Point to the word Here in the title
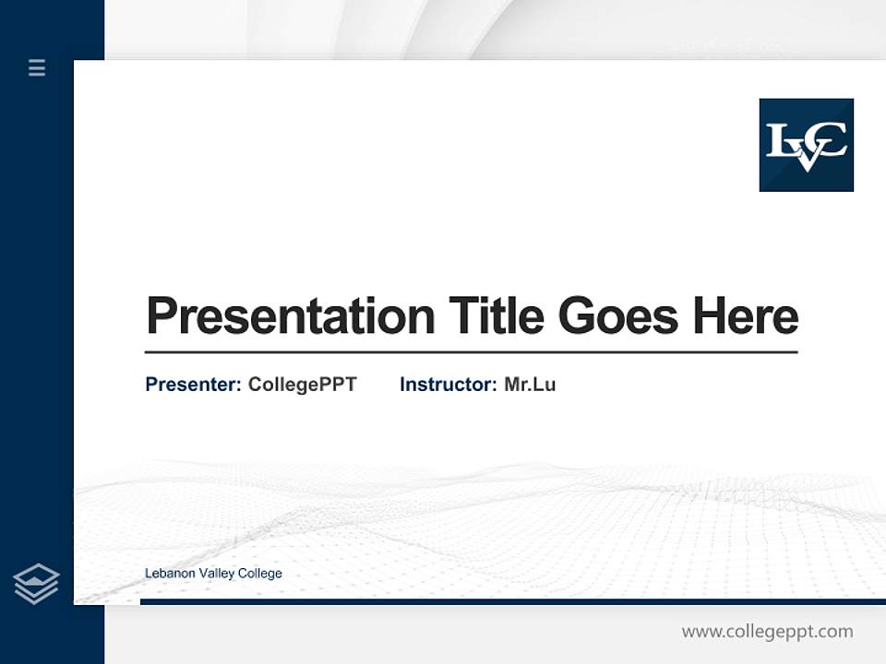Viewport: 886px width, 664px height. [745, 316]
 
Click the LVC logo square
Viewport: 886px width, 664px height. [806, 145]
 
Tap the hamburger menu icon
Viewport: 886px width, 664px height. [37, 67]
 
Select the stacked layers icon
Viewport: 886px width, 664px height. [36, 584]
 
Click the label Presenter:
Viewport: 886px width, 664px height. [193, 385]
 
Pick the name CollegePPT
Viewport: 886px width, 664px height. [302, 385]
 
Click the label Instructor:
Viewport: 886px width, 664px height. [448, 385]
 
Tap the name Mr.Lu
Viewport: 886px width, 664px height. [530, 385]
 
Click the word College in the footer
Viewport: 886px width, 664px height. [259, 574]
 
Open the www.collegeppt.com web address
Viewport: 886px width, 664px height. [767, 632]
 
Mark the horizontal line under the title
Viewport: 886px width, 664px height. [471, 352]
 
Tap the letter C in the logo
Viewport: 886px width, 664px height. [830, 141]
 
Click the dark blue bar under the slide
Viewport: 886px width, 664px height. [512, 601]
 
